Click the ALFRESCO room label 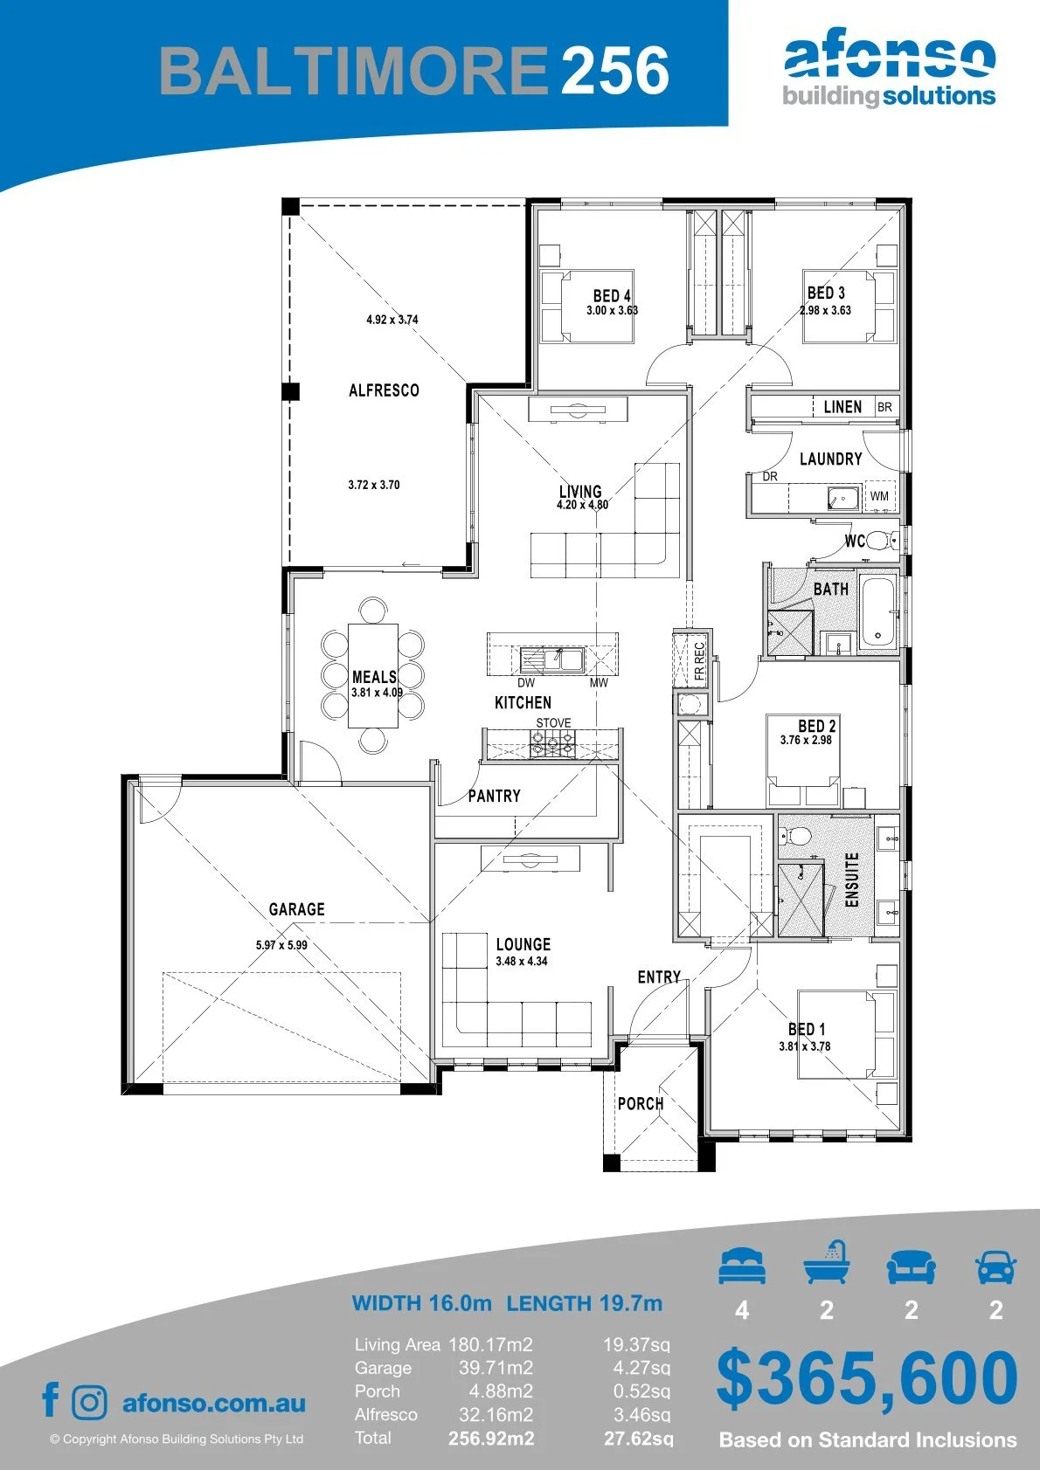tap(384, 390)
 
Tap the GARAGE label tap(297, 909)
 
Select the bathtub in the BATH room tap(877, 611)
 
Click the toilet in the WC tap(880, 541)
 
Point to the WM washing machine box tap(880, 496)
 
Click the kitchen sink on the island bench tap(552, 659)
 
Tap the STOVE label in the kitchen tap(553, 722)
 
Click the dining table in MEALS tap(373, 674)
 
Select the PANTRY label tap(495, 796)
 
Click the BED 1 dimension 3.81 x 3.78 tap(805, 1046)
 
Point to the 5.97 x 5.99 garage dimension tap(281, 945)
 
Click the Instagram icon tap(89, 1403)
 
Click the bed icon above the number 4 tap(742, 1266)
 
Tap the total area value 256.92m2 tap(491, 1439)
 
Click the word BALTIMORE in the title tap(353, 70)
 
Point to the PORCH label tap(641, 1104)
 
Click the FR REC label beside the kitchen tap(699, 661)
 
